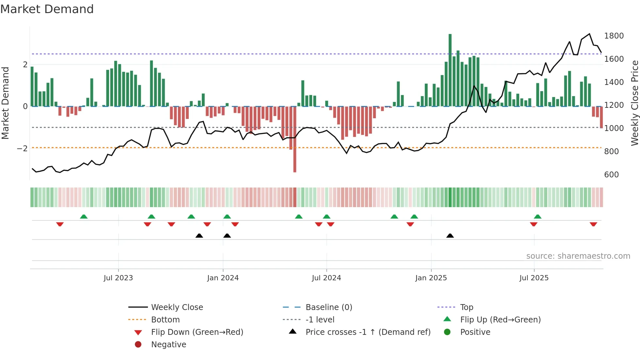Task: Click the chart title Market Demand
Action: click(47, 9)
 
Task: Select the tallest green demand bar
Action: click(450, 70)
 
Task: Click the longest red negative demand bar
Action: click(295, 139)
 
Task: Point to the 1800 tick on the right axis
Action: click(614, 36)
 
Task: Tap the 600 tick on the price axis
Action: click(611, 175)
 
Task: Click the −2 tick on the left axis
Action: click(23, 149)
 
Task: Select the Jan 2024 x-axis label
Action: click(223, 278)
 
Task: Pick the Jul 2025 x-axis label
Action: click(534, 278)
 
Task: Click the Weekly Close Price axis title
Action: click(634, 103)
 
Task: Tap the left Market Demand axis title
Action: click(5, 103)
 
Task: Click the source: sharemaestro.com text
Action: click(578, 256)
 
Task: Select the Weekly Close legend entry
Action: click(177, 307)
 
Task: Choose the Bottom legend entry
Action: click(165, 320)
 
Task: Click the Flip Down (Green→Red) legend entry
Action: click(197, 332)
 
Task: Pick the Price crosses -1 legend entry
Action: click(368, 332)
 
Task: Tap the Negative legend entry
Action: click(168, 345)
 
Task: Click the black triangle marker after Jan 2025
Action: click(450, 236)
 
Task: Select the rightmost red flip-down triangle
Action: click(593, 224)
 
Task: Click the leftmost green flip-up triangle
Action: click(84, 217)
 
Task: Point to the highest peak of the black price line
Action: click(589, 34)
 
